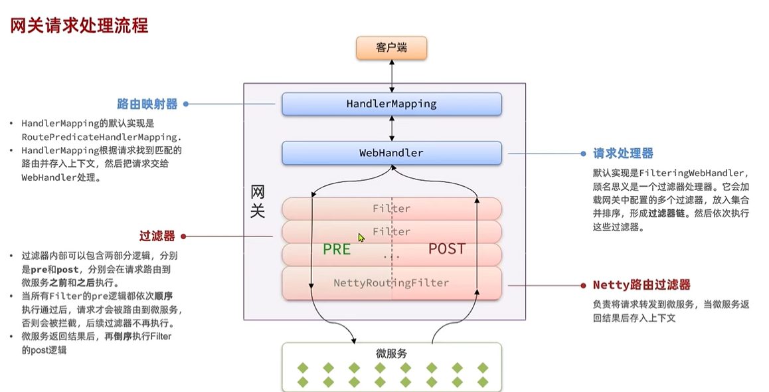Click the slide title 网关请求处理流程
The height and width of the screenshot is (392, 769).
(78, 26)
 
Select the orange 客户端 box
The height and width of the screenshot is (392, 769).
(391, 48)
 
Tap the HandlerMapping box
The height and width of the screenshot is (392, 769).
(391, 104)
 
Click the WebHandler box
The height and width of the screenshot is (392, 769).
(391, 153)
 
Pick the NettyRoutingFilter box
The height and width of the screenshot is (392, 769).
(391, 283)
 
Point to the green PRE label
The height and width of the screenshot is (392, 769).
(337, 249)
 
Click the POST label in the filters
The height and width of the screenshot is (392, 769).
(447, 249)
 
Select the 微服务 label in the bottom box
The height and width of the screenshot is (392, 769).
(390, 353)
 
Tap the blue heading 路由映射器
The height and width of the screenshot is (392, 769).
(147, 104)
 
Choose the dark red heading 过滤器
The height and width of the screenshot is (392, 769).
(157, 236)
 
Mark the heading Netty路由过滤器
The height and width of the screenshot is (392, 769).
(641, 285)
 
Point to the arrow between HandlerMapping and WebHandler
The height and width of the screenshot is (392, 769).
(392, 128)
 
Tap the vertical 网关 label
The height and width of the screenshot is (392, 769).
(258, 202)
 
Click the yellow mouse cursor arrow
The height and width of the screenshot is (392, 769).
(361, 237)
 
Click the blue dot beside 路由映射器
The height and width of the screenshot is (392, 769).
(186, 104)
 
